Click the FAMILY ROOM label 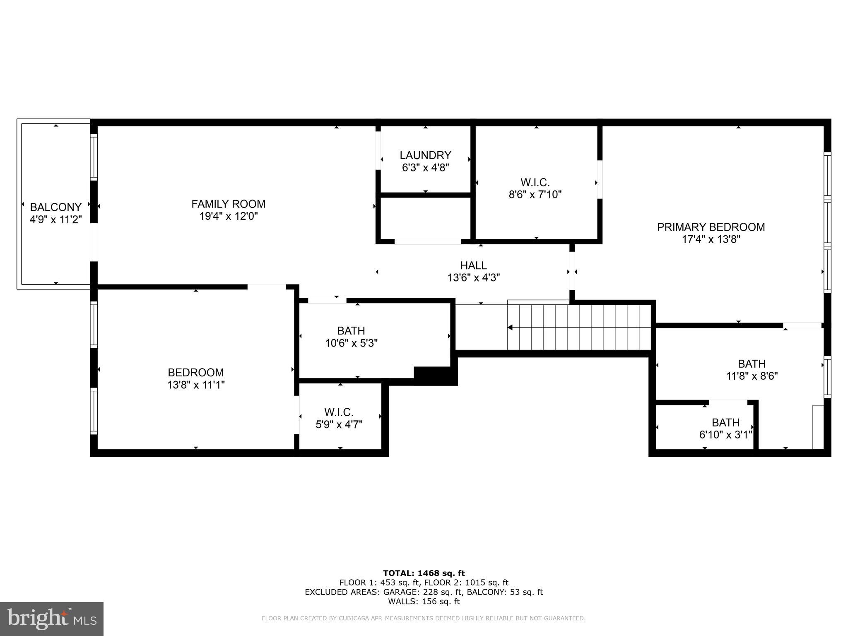[x=228, y=204]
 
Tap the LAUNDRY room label [x=425, y=155]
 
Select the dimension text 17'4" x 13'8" [x=711, y=239]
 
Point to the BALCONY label [x=55, y=207]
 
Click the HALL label [x=473, y=265]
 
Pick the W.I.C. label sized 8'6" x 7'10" [x=535, y=182]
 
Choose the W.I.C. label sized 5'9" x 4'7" [x=339, y=412]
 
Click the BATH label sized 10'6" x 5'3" [x=351, y=331]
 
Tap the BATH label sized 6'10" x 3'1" [x=725, y=422]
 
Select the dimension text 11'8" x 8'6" [x=752, y=376]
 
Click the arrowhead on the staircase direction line [x=510, y=328]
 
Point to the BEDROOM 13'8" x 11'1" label [x=195, y=372]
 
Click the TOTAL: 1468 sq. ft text [x=424, y=573]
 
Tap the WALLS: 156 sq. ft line [x=424, y=601]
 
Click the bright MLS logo [x=52, y=619]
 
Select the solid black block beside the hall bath [x=435, y=376]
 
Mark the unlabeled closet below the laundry [x=425, y=218]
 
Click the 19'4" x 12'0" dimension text [x=228, y=216]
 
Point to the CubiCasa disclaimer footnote [x=423, y=619]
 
